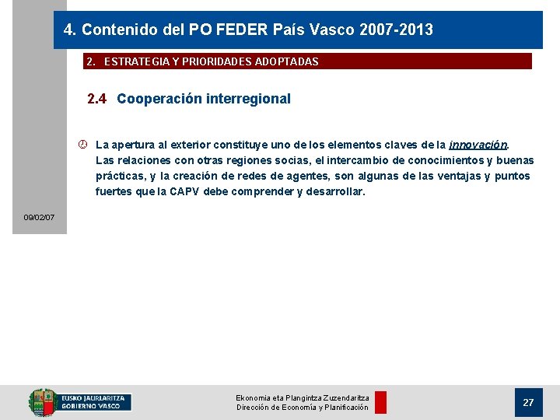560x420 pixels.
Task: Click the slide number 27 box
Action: pyautogui.click(x=528, y=402)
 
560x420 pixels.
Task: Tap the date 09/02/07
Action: pyautogui.click(x=39, y=217)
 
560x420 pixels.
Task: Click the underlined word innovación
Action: pyautogui.click(x=478, y=145)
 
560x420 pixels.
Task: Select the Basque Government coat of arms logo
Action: pyautogui.click(x=43, y=402)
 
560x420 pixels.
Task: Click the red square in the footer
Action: pyautogui.click(x=380, y=402)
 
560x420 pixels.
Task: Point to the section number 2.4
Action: pyautogui.click(x=97, y=99)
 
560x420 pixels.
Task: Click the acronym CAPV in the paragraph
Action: pyautogui.click(x=184, y=191)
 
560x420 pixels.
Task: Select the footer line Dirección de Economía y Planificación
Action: pyautogui.click(x=303, y=408)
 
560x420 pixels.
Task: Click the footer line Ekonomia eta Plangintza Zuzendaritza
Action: pyautogui.click(x=303, y=397)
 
